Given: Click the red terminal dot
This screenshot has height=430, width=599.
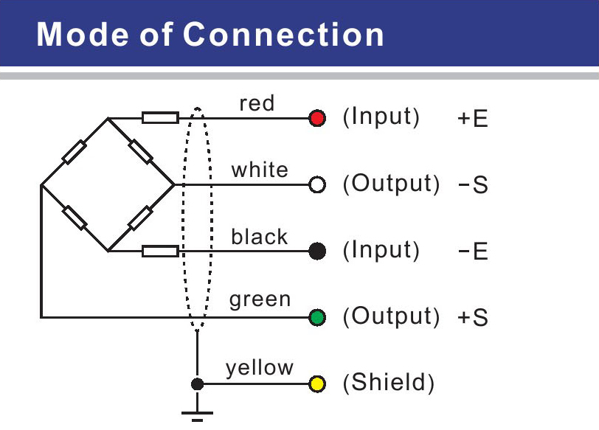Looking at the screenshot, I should point(317,119).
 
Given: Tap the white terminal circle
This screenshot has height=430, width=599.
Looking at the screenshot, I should point(317,184).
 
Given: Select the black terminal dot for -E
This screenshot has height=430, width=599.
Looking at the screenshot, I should point(317,252).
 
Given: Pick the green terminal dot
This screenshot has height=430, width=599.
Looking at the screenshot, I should point(317,318).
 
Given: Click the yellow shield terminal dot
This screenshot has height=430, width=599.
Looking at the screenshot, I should point(317,384).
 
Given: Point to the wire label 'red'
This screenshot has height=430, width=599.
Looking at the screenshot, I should point(257,104).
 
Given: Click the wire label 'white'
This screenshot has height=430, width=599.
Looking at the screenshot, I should point(260,170).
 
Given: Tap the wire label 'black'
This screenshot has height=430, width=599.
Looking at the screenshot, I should point(259,237).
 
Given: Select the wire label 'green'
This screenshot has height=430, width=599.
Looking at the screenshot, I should point(260,300).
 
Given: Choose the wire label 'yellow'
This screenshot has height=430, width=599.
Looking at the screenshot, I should point(260,367).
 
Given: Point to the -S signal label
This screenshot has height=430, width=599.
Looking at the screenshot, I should point(473,185).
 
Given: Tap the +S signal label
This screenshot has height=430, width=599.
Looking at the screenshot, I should point(473,318).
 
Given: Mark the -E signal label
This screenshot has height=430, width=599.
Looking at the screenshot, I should point(473,252).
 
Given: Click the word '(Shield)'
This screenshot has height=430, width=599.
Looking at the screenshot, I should point(388,384).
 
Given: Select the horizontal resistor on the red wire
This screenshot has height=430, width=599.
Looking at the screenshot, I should point(160,118).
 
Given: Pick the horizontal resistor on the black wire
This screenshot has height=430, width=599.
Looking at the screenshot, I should point(160,252).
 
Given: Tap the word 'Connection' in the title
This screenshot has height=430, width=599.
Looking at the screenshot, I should point(283,35).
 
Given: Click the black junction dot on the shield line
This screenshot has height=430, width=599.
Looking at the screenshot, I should point(197,384).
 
